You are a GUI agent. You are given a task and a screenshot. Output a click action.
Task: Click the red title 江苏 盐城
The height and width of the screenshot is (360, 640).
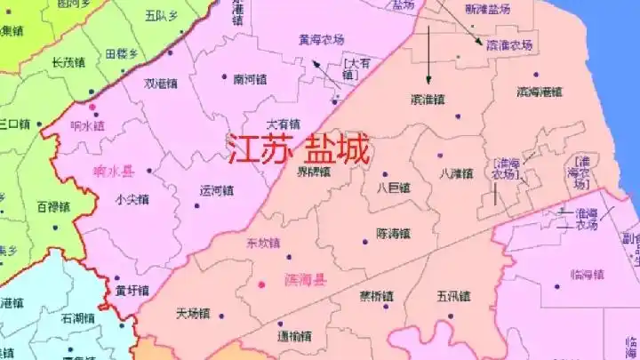[298, 150]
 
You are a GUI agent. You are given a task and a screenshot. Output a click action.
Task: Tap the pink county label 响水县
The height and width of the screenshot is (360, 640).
[113, 172]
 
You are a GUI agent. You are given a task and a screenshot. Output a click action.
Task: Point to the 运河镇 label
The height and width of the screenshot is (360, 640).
[216, 189]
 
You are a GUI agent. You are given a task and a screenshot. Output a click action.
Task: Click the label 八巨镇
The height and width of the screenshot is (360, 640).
[393, 188]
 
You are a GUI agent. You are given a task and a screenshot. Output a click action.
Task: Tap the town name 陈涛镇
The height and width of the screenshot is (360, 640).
[393, 234]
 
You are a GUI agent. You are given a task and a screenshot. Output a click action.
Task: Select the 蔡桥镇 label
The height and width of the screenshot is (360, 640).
[376, 295]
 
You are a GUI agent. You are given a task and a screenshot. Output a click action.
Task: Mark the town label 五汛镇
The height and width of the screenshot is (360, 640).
[453, 295]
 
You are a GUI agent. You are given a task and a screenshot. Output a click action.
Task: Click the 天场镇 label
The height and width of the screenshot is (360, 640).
[192, 313]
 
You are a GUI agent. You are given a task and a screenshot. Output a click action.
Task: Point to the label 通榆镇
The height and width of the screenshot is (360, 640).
[293, 336]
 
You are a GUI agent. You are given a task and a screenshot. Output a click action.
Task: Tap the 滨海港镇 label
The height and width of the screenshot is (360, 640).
[539, 92]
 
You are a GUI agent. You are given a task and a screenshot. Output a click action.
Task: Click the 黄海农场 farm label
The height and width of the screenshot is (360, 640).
[321, 38]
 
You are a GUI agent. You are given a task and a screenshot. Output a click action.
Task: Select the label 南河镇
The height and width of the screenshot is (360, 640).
[250, 78]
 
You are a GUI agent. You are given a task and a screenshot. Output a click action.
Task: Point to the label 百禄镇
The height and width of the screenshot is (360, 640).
[54, 206]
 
